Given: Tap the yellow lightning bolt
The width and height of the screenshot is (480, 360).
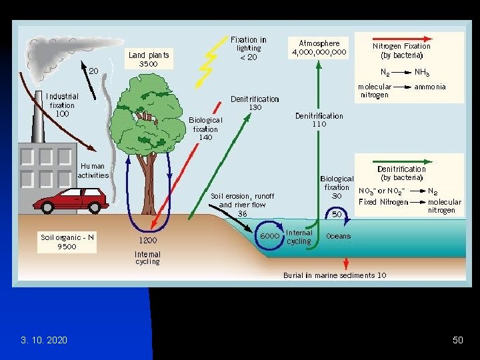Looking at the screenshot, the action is point(208,63).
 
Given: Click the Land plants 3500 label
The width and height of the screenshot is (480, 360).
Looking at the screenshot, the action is point(149,59).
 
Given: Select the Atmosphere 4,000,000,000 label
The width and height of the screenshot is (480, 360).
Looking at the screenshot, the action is point(319,48).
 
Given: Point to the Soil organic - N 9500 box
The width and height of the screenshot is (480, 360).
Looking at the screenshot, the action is point(67,241).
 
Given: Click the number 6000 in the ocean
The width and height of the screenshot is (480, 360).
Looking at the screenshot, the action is point(269,236).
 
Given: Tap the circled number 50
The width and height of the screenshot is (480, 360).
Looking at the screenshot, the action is point(337,214).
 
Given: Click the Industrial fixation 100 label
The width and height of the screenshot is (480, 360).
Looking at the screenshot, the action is point(62,105).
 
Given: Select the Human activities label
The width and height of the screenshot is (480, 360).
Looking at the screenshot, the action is point(93,171).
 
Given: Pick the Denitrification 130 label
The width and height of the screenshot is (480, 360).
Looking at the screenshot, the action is point(255,103).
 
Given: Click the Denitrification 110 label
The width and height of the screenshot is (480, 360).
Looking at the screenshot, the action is point(319,119).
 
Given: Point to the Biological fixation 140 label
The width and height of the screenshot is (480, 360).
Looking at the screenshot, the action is point(205,128).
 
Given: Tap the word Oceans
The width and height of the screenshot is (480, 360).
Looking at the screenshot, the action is point(339,236).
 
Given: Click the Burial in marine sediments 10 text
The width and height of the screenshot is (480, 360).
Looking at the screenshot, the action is point(334,275).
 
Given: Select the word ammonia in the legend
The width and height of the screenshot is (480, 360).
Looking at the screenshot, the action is point(430,87).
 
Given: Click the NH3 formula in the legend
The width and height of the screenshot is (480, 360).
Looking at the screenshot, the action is point(422,71).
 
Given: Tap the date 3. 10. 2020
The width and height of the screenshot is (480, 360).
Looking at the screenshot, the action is point(43,340).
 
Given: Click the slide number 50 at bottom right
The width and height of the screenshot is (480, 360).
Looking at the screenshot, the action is point(457,340).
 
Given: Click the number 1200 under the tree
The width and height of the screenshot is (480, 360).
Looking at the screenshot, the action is point(148,240).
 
